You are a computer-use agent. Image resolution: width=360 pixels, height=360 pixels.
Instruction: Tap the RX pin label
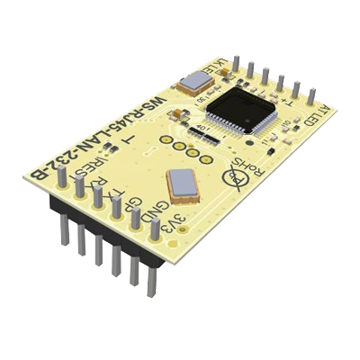(103, 185)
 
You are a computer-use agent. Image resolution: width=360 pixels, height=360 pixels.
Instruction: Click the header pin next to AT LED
(311, 94)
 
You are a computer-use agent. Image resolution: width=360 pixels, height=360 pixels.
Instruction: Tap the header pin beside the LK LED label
(235, 62)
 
